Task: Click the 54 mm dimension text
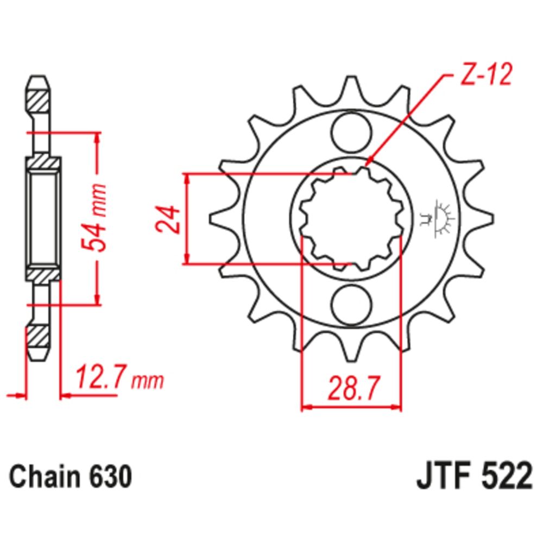click(x=98, y=218)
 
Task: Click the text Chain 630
click(x=71, y=477)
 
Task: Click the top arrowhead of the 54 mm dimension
click(x=98, y=136)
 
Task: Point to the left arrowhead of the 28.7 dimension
click(x=306, y=406)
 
